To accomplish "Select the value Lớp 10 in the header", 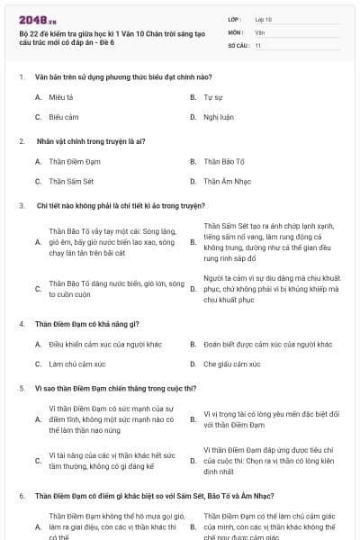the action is coord(263,19).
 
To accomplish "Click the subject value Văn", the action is coord(259,31).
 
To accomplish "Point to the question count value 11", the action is coord(257,44).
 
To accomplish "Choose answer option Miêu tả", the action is coord(61,95).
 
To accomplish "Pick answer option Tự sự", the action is coord(212,95).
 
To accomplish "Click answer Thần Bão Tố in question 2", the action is coord(224,161).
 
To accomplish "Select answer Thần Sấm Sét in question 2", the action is coord(71,182).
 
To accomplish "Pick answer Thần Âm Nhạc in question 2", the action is coord(226,182).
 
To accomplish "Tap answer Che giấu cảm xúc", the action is coord(231,364).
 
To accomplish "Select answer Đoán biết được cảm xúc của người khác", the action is coord(267,343).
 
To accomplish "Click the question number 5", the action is coord(21,388).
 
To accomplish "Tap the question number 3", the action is coord(21,205).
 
